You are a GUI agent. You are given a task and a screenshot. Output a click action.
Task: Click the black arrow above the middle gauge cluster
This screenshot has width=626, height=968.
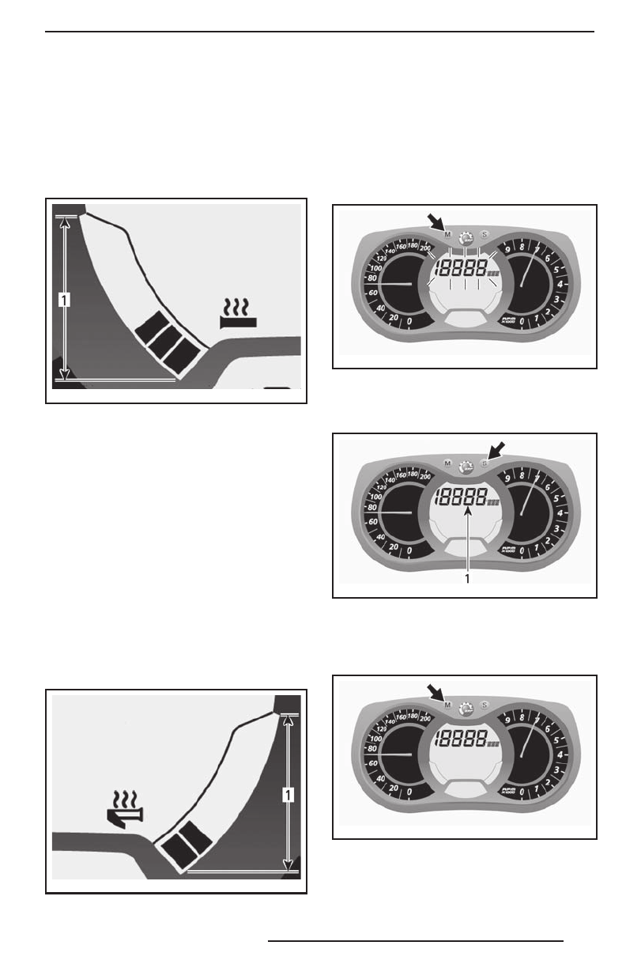(x=498, y=449)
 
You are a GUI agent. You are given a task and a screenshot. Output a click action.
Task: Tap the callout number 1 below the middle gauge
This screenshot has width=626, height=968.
(x=468, y=579)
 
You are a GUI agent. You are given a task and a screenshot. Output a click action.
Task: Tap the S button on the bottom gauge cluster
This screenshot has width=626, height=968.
(x=485, y=705)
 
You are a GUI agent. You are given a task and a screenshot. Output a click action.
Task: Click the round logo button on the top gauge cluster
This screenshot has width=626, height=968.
(x=466, y=236)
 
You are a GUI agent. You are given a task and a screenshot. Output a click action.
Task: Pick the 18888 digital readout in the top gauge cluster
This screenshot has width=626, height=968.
(x=465, y=269)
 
